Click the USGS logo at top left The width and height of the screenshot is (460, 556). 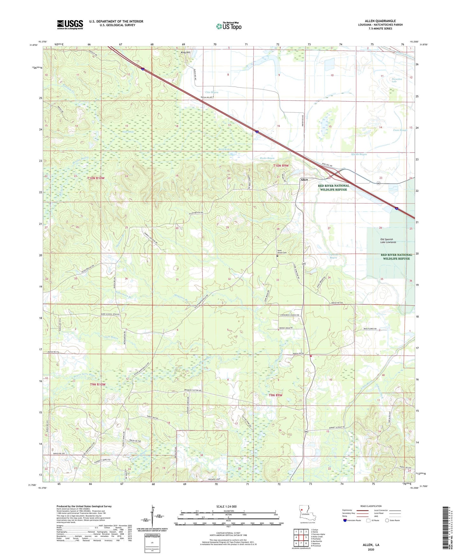tap(70, 25)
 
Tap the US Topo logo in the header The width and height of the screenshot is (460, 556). tap(229, 26)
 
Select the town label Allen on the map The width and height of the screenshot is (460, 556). tap(304, 180)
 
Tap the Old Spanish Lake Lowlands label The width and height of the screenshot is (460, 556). tap(388, 241)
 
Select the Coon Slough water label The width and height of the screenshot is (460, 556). tap(400, 130)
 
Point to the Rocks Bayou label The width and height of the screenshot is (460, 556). tap(267, 158)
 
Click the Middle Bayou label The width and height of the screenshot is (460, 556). tap(359, 154)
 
